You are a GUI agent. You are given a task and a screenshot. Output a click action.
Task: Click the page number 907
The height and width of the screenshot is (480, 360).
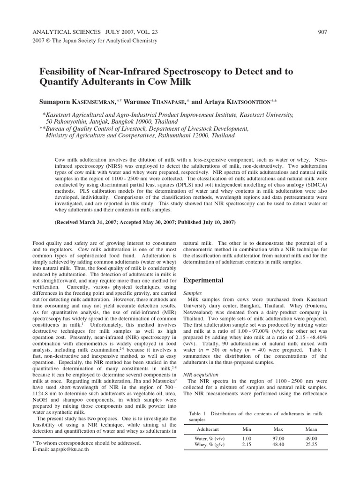point(322,32)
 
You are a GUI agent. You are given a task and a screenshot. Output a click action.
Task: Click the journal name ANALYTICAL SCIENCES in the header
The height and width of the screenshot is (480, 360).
point(66,32)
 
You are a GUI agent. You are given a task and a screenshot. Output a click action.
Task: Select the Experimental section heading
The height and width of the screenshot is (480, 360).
point(203,280)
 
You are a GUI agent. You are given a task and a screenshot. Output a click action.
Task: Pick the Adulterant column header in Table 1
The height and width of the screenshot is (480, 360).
point(207,429)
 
